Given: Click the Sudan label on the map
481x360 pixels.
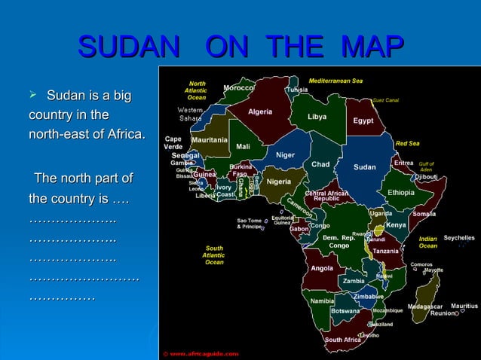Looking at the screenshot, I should pyautogui.click(x=364, y=167).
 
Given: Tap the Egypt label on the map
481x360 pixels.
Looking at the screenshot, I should pyautogui.click(x=363, y=121).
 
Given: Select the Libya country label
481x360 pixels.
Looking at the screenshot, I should pyautogui.click(x=317, y=117).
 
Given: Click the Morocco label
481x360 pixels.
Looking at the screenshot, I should pyautogui.click(x=238, y=87).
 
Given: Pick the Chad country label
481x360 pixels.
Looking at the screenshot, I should pyautogui.click(x=320, y=164).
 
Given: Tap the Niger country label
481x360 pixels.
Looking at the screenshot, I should pyautogui.click(x=285, y=155).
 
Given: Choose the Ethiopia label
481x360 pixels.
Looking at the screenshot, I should pyautogui.click(x=400, y=192).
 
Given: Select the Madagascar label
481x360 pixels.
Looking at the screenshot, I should pyautogui.click(x=424, y=307).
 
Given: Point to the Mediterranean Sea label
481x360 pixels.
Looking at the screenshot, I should pyautogui.click(x=335, y=81).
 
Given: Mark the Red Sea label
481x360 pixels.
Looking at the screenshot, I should pyautogui.click(x=407, y=143).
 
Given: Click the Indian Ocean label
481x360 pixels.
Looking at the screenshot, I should pyautogui.click(x=427, y=242).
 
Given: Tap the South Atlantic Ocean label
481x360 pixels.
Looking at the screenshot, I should pyautogui.click(x=214, y=255).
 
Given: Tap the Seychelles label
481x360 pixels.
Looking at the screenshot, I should pyautogui.click(x=458, y=238).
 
